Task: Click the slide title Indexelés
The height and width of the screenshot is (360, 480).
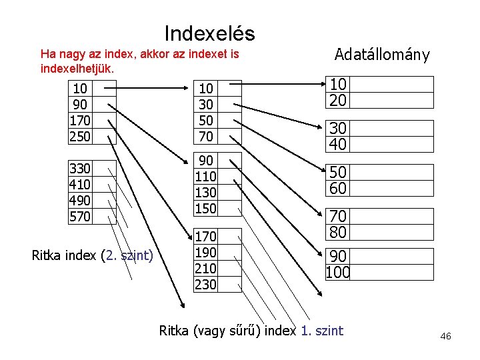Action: pyautogui.click(x=209, y=33)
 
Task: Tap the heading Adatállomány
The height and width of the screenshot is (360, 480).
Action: pyautogui.click(x=382, y=55)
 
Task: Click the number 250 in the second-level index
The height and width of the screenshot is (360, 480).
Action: pyautogui.click(x=80, y=137)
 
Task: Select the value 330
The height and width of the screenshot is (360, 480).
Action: pyautogui.click(x=80, y=168)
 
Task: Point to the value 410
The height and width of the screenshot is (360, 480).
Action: pyautogui.click(x=80, y=184)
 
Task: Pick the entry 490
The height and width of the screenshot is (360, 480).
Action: pyautogui.click(x=80, y=200)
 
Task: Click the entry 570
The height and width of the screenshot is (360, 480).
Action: pyautogui.click(x=80, y=216)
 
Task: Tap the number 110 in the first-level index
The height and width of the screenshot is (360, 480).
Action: pyautogui.click(x=205, y=177)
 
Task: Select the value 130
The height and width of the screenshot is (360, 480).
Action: pyautogui.click(x=205, y=192)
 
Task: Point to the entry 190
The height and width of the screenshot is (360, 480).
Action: pyautogui.click(x=205, y=253)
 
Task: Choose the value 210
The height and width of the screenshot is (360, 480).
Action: pyautogui.click(x=205, y=269)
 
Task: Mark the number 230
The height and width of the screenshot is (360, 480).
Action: pyautogui.click(x=205, y=285)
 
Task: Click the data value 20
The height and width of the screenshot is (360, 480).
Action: pyautogui.click(x=338, y=100)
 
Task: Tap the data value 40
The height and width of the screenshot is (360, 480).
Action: pyautogui.click(x=338, y=144)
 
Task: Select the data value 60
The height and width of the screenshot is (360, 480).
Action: pyautogui.click(x=338, y=189)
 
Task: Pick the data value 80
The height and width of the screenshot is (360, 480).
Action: pyautogui.click(x=338, y=232)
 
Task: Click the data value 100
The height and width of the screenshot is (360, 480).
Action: pyautogui.click(x=338, y=273)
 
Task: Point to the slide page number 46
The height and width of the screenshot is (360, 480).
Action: pyautogui.click(x=445, y=337)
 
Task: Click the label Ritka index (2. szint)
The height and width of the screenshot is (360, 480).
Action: pyautogui.click(x=93, y=255)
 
